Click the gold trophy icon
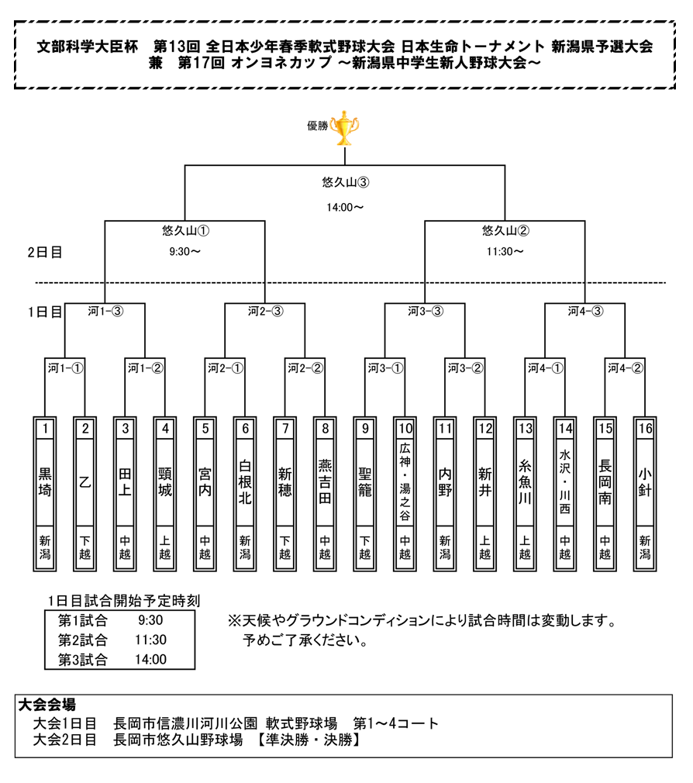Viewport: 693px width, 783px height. pos(344,129)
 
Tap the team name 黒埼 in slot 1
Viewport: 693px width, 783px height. pos(45,482)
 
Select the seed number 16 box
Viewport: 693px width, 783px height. pos(645,429)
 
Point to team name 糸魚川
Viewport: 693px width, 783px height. pos(525,482)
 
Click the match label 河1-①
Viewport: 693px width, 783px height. pos(65,368)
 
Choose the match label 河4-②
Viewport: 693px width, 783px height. pos(626,368)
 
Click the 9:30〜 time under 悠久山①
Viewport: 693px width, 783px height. pos(184,252)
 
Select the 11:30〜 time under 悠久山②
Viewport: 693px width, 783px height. pos(505,252)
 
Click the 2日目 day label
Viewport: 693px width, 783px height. pos(45,252)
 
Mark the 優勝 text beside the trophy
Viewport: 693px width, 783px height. pos(318,126)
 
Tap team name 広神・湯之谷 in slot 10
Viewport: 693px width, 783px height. pos(405,482)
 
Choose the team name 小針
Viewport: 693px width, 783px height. pos(645,482)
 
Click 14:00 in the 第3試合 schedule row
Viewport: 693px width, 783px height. pos(151,660)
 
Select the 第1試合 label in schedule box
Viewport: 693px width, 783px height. pos(83,621)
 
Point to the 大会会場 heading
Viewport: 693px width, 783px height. pos(47,705)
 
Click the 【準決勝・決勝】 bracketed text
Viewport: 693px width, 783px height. pos(309,740)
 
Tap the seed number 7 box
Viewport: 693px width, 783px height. pos(285,429)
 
